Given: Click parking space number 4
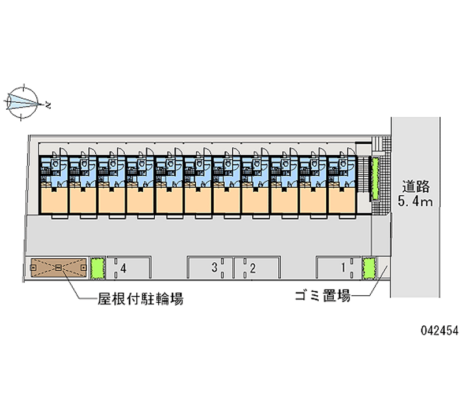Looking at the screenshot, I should coord(128,268).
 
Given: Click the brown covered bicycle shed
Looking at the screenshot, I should coord(58,268).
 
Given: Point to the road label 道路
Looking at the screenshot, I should coord(416,187).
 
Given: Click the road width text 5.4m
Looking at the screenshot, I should coord(416,202).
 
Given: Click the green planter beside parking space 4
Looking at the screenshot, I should coord(98,268).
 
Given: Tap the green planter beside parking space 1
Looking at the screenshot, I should coord(368,268).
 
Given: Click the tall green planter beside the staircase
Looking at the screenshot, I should coord(375,178).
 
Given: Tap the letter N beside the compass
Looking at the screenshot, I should coord(49,106).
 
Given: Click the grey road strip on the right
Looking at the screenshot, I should coord(416,248).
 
